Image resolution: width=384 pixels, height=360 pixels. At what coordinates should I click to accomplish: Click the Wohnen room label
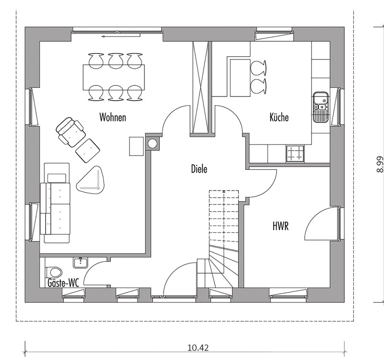pyautogui.click(x=113, y=117)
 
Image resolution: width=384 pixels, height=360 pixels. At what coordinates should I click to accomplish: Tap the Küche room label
pyautogui.click(x=279, y=117)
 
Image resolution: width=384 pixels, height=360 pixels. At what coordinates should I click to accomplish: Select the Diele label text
pyautogui.click(x=199, y=169)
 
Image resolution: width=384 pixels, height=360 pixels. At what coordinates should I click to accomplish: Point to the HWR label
pyautogui.click(x=281, y=226)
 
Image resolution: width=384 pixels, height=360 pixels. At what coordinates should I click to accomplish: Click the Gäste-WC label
pyautogui.click(x=63, y=283)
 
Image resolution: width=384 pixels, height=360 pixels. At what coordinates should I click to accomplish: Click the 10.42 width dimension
pyautogui.click(x=198, y=348)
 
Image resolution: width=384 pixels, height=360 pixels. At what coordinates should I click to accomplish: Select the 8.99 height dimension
pyautogui.click(x=379, y=164)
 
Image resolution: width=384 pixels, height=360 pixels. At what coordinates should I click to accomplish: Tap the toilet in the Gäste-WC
pyautogui.click(x=54, y=272)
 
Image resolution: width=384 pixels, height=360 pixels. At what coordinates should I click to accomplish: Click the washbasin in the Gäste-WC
pyautogui.click(x=80, y=263)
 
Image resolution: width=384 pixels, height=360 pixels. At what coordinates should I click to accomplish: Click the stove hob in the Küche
pyautogui.click(x=295, y=153)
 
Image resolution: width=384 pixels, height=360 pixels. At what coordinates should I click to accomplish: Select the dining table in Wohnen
pyautogui.click(x=114, y=77)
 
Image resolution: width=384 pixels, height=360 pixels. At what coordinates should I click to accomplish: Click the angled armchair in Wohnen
pyautogui.click(x=71, y=132)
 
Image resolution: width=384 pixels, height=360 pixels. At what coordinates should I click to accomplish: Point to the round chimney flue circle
pyautogui.click(x=152, y=144)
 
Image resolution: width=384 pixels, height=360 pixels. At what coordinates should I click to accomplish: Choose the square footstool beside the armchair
pyautogui.click(x=88, y=151)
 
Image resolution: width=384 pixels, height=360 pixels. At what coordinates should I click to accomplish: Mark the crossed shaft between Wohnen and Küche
pyautogui.click(x=201, y=87)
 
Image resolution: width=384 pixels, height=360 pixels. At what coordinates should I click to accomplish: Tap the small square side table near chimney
pyautogui.click(x=136, y=146)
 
